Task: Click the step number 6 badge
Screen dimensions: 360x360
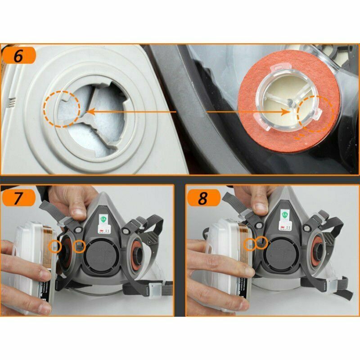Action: pyautogui.click(x=18, y=56)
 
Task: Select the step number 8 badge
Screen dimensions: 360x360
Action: pyautogui.click(x=203, y=198)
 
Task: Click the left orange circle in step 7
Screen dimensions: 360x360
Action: pyautogui.click(x=55, y=246)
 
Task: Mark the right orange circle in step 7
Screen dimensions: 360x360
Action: pyautogui.click(x=79, y=246)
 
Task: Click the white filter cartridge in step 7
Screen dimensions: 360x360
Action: pyautogui.click(x=31, y=270)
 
